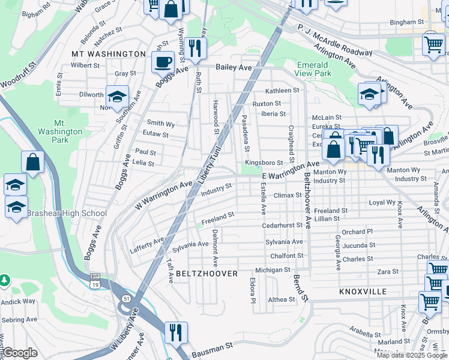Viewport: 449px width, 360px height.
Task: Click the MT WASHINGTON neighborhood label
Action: click(x=109, y=54)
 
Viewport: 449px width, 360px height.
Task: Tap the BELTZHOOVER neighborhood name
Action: click(x=207, y=274)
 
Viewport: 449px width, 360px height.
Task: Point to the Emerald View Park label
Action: click(x=314, y=69)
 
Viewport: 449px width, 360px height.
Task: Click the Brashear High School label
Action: click(x=67, y=213)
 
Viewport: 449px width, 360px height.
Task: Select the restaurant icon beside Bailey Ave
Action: click(x=194, y=47)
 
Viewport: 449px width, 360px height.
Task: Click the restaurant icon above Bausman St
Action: click(x=176, y=332)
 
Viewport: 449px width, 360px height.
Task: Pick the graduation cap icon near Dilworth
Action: click(x=117, y=95)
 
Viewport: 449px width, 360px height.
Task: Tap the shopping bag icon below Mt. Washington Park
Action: click(x=32, y=161)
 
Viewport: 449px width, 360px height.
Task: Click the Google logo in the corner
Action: click(x=19, y=353)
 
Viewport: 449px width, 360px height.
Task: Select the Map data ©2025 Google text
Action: click(x=412, y=355)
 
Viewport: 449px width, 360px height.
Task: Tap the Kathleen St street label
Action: click(x=283, y=91)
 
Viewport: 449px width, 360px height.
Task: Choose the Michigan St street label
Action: click(x=273, y=270)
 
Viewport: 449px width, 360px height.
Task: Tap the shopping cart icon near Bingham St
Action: click(x=433, y=43)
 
